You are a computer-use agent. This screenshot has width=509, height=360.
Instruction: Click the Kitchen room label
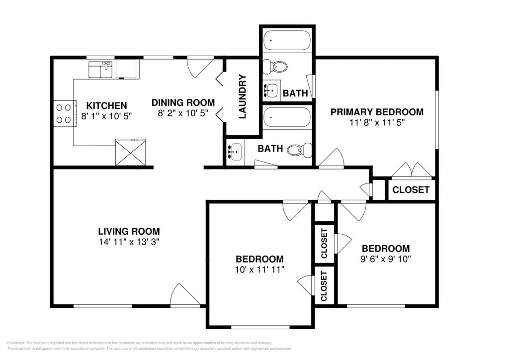106,105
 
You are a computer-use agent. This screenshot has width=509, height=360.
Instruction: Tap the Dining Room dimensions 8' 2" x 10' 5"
183,113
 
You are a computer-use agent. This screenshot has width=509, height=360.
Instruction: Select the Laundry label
243,97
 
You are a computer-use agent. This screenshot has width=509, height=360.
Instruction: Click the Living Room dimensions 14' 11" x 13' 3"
129,242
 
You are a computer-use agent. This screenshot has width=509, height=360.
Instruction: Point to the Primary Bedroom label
377,112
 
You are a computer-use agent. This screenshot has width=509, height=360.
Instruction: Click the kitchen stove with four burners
64,113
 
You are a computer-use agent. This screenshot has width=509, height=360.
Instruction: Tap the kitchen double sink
100,70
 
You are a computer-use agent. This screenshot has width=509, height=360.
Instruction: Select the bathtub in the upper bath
287,40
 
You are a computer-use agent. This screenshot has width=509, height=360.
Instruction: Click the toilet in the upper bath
274,67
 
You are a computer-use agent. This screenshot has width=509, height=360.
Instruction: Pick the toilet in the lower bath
300,150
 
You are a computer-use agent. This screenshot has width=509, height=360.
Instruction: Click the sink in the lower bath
235,152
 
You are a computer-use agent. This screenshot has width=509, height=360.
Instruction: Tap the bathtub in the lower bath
287,117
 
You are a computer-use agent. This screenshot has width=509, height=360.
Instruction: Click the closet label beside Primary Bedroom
411,190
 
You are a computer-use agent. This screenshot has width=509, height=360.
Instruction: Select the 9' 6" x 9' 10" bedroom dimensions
386,259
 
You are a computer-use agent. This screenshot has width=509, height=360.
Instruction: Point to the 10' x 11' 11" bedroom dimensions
259,270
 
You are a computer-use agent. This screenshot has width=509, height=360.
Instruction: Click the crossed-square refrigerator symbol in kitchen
131,152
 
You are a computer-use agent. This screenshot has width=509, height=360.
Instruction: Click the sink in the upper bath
271,90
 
